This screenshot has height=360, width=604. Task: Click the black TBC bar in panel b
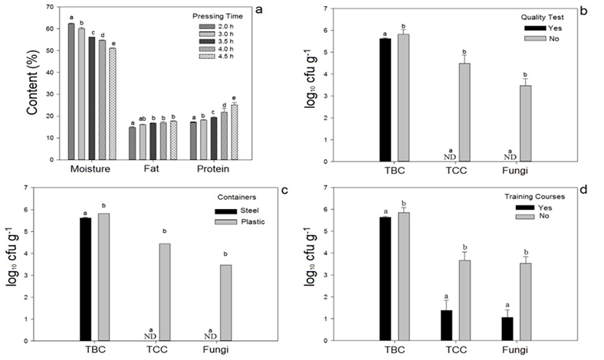tap(385, 100)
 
